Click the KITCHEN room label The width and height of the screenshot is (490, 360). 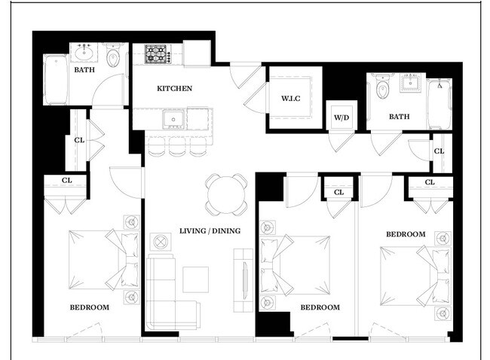(174, 89)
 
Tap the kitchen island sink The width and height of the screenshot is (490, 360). (173, 118)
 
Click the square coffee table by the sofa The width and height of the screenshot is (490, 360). (194, 279)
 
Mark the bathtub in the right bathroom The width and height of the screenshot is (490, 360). (436, 105)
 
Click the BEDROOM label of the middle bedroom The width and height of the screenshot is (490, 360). (320, 307)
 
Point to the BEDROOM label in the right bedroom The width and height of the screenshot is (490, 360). (406, 234)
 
